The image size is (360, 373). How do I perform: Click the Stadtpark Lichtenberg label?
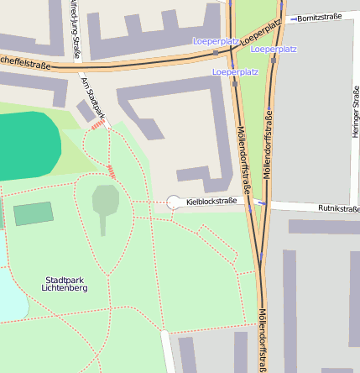coord(65,283)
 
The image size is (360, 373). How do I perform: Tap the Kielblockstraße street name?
coord(211,202)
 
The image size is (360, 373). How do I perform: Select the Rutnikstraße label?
coord(338,208)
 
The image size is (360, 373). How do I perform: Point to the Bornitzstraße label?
coord(321,16)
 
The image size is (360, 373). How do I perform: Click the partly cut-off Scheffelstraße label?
coord(25,62)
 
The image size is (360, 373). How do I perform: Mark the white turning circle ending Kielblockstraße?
coord(175,202)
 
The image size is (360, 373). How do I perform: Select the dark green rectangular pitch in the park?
coord(34,213)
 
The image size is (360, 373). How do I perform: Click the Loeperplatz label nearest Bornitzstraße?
coord(274,50)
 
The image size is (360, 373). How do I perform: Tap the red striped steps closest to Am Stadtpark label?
coord(99,125)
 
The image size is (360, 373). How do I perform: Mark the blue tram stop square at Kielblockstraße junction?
coord(263,202)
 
